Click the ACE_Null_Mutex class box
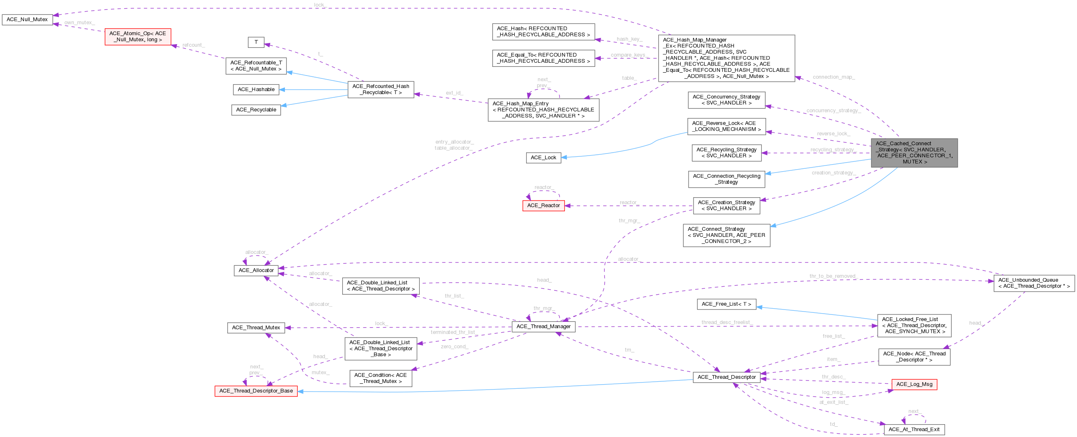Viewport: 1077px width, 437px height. (27, 20)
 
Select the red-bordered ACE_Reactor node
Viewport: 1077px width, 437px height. (543, 206)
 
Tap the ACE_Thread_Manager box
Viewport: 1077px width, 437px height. (543, 326)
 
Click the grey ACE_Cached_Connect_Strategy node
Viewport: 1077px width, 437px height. (914, 153)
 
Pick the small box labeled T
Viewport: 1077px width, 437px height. (256, 42)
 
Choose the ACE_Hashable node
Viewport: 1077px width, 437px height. (256, 90)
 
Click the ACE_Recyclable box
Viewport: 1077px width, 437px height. (256, 110)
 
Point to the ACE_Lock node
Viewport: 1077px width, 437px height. (543, 158)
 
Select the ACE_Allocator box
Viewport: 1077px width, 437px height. (256, 270)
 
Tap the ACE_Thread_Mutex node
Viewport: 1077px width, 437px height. (256, 328)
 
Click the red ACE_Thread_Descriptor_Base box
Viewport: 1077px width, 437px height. (256, 391)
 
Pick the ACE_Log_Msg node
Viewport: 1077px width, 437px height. (914, 384)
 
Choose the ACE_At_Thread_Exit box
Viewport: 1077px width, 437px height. (914, 430)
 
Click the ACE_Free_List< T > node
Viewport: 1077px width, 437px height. (726, 304)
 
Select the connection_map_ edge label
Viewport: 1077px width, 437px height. (833, 78)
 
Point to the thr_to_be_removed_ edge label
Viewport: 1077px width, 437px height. (833, 276)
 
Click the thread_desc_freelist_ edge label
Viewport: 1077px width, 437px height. (727, 322)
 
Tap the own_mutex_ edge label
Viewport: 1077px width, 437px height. (80, 23)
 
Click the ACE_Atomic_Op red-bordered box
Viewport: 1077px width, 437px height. (138, 36)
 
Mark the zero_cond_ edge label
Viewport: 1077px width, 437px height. (454, 347)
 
